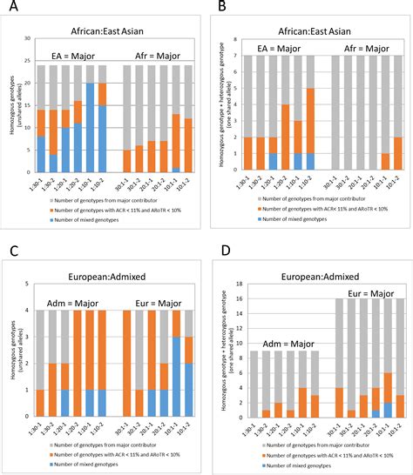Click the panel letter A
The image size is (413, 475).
coord(13,8)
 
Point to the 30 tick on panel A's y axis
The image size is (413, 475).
coord(29,39)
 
